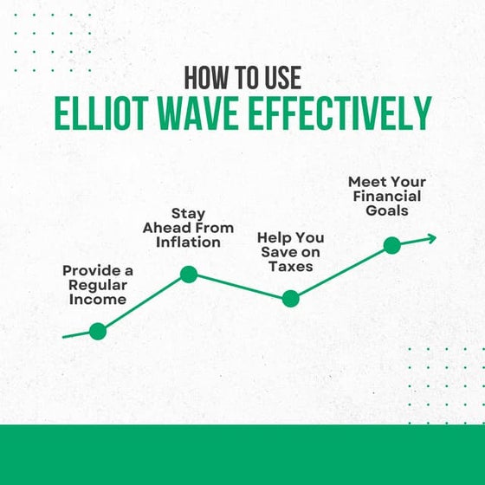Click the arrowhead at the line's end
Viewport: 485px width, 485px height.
point(430,237)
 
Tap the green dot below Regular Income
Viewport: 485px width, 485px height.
point(98,330)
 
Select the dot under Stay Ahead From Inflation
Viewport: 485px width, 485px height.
point(189,275)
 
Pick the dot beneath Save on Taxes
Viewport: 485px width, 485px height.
point(290,299)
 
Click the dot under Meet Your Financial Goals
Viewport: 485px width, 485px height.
point(391,245)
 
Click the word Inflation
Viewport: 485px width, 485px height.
point(188,242)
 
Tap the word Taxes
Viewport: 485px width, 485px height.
point(290,267)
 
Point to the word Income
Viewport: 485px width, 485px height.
point(98,300)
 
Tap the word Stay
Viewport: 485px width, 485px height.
point(188,213)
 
